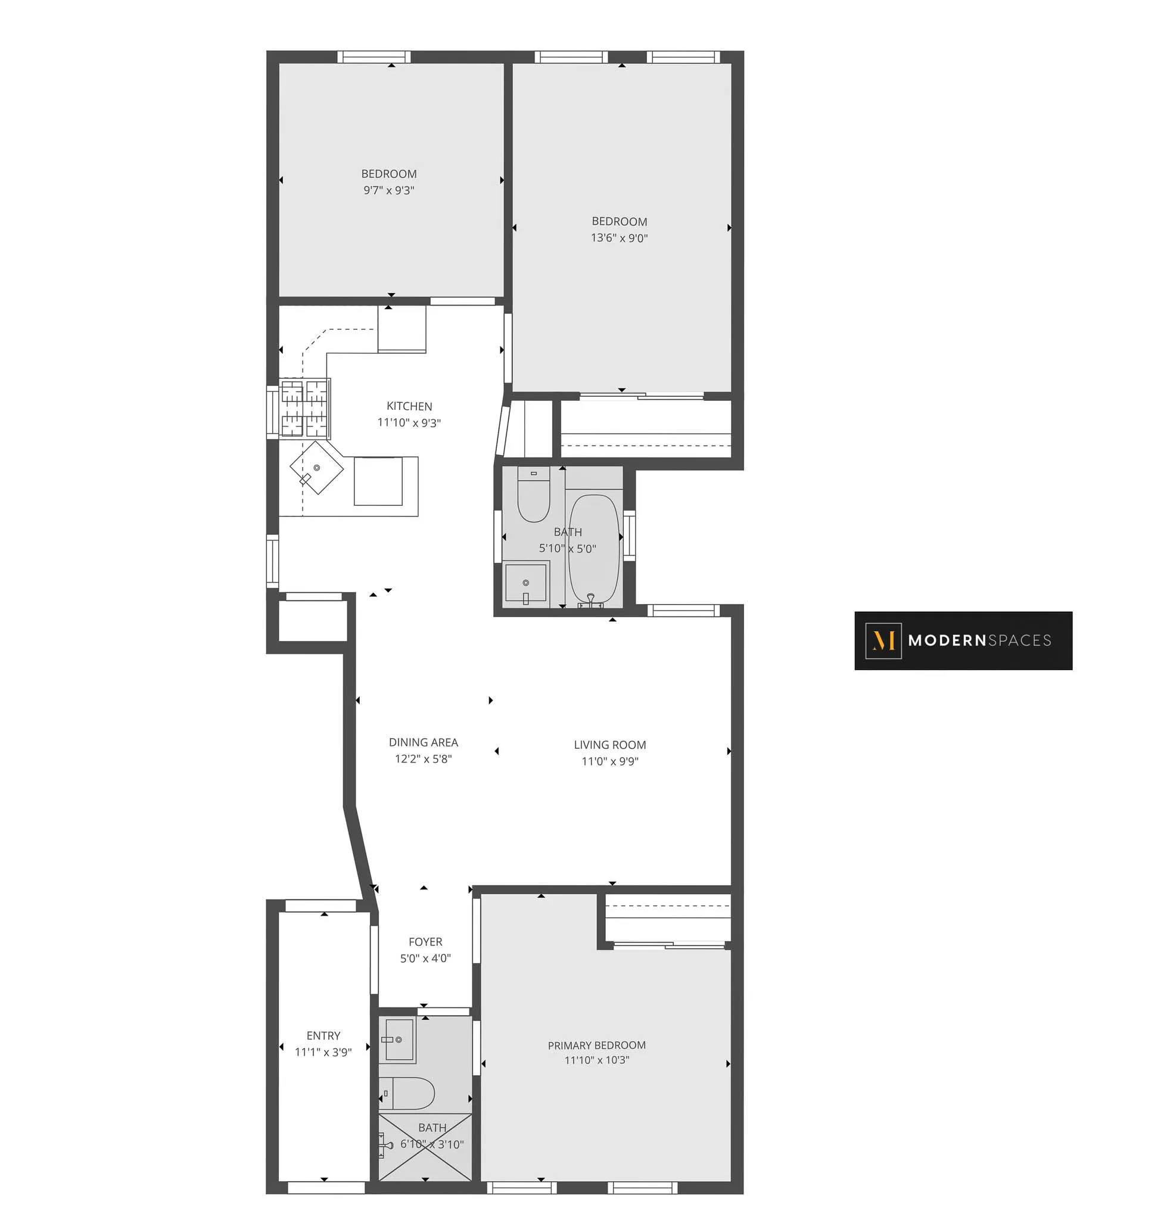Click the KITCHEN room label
tap(409, 406)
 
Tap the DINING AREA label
tap(423, 743)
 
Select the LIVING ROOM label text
tap(610, 745)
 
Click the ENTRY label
tap(323, 1036)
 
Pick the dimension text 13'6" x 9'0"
tap(619, 238)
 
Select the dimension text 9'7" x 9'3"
tap(389, 191)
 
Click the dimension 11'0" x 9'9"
tap(610, 761)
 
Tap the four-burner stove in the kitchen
tap(304, 408)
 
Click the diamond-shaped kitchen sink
tap(316, 468)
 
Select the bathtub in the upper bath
tap(594, 549)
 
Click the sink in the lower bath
tap(399, 1040)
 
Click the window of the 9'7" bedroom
tap(374, 57)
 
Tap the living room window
tap(683, 611)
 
